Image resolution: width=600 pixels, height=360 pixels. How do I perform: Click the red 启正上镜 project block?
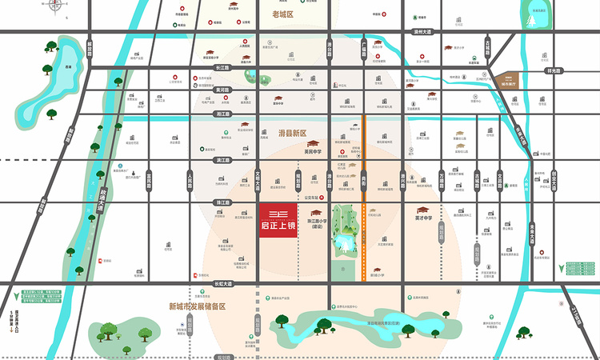pyautogui.click(x=278, y=218)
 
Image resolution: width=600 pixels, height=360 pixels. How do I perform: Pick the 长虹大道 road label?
pyautogui.click(x=222, y=283)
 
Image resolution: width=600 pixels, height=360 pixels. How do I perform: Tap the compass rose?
pyautogui.click(x=56, y=7)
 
